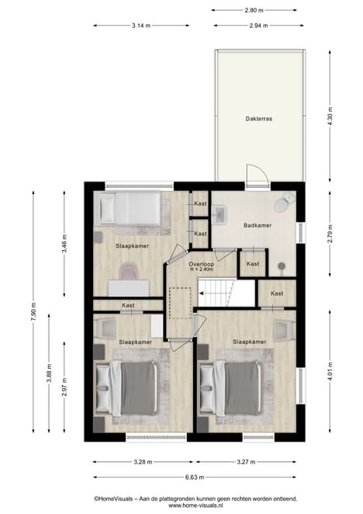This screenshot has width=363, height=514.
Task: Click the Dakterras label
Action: (259, 119)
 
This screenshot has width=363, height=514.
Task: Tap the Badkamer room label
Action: (258, 225)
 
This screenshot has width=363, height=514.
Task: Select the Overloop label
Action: (201, 264)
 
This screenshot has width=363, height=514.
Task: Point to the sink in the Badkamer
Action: (219, 215)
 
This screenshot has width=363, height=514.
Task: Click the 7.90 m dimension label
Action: (33, 312)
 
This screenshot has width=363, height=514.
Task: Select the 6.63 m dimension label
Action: (195, 478)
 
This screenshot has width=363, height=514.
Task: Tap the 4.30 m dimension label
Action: (330, 116)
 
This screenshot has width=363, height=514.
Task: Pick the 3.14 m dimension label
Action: (141, 26)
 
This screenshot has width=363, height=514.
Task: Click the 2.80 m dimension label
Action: (254, 10)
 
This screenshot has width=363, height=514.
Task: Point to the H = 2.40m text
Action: (201, 269)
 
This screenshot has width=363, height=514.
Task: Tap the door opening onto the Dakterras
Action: (258, 177)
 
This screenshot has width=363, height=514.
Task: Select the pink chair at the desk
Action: (128, 271)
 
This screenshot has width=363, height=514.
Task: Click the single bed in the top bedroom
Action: (130, 208)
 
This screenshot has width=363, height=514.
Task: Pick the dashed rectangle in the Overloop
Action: (180, 304)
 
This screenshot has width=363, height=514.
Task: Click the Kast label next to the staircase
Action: (277, 293)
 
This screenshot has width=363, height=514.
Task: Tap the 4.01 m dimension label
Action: (330, 371)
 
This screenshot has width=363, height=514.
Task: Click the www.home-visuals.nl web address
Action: (195, 505)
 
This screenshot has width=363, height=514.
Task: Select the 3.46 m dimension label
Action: (64, 243)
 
